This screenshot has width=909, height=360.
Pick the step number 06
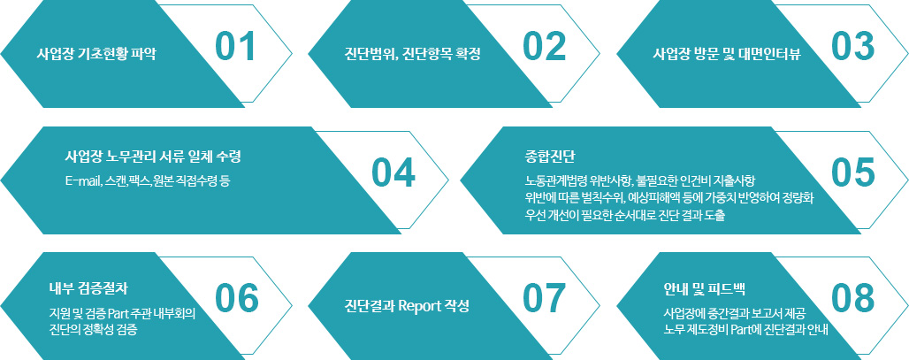236,299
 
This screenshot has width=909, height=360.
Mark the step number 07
544,299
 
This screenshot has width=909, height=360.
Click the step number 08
852,299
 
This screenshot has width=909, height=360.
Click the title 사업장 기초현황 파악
96,55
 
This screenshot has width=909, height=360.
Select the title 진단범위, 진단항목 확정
412,55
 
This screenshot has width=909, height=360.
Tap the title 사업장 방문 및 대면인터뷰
727,55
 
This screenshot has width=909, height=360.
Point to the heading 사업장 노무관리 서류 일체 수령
153,157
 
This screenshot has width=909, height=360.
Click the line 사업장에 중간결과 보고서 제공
734,314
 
